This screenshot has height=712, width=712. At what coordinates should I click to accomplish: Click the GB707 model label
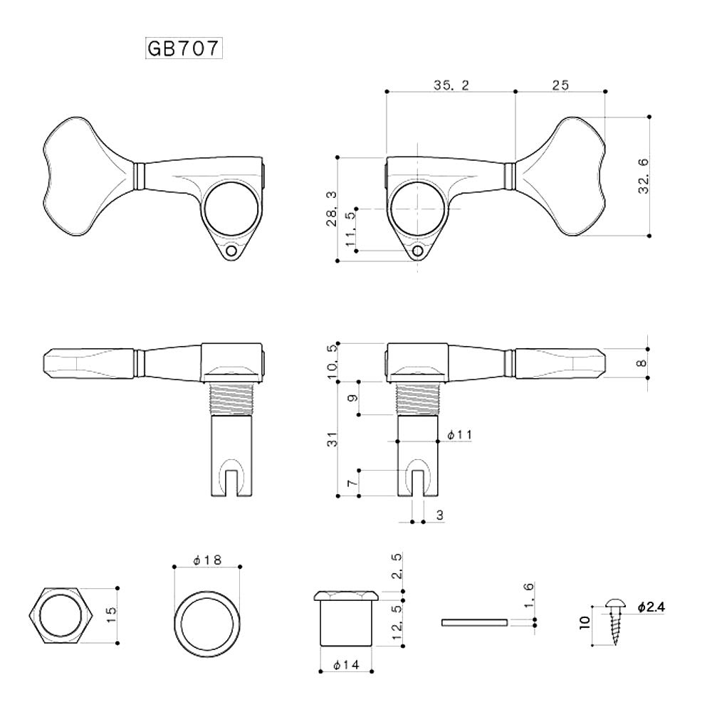pos(184,48)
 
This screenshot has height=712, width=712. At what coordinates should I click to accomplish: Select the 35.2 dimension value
pos(451,85)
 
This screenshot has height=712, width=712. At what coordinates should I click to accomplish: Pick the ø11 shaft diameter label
pos(459,434)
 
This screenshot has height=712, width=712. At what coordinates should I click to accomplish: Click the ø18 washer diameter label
pos(206,560)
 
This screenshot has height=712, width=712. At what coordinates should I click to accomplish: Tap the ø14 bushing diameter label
pos(346,666)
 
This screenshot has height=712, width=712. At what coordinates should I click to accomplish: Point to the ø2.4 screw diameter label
pos(651,607)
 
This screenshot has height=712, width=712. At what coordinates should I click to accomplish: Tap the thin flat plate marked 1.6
pos(474,622)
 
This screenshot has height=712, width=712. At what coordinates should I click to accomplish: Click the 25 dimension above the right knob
pos(560,85)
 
